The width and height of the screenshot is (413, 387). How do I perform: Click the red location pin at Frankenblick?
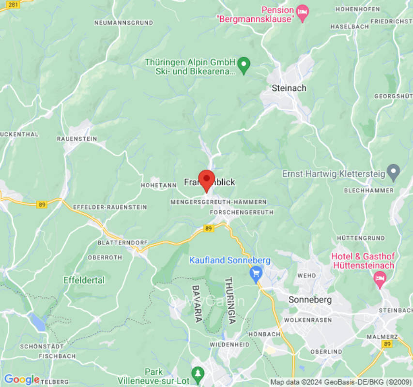(x=207, y=179)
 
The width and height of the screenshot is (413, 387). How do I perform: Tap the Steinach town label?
(x=289, y=88)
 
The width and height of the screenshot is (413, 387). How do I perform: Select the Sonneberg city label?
(x=310, y=299)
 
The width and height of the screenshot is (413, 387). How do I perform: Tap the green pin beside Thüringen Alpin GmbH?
(x=245, y=65)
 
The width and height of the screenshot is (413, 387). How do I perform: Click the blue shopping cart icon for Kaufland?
(x=255, y=274)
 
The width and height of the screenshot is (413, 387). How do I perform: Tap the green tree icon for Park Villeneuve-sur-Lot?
(x=197, y=373)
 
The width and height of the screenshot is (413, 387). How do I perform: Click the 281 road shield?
(x=14, y=4)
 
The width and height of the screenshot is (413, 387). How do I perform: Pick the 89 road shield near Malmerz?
(x=386, y=344)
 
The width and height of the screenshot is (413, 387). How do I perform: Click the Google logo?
(x=21, y=380)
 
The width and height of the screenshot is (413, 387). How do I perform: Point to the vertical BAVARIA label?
(x=197, y=303)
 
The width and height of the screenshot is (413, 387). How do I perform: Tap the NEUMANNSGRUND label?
(x=123, y=23)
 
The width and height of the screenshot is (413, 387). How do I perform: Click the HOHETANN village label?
(x=158, y=185)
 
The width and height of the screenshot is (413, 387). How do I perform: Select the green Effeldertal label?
(x=84, y=280)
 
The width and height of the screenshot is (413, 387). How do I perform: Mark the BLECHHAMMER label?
(x=368, y=190)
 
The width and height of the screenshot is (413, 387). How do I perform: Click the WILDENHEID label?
(x=229, y=344)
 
